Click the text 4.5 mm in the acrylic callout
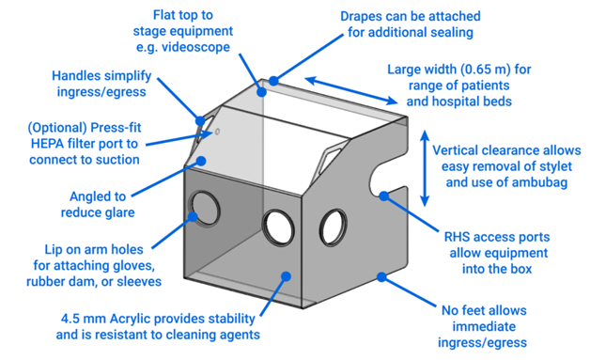(84, 319)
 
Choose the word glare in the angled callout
(120, 212)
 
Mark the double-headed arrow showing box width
(351, 91)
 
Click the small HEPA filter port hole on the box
(217, 132)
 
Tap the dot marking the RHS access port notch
(383, 196)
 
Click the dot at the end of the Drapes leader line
(273, 81)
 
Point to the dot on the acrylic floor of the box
(286, 276)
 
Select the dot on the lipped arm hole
(193, 216)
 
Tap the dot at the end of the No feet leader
(381, 277)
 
